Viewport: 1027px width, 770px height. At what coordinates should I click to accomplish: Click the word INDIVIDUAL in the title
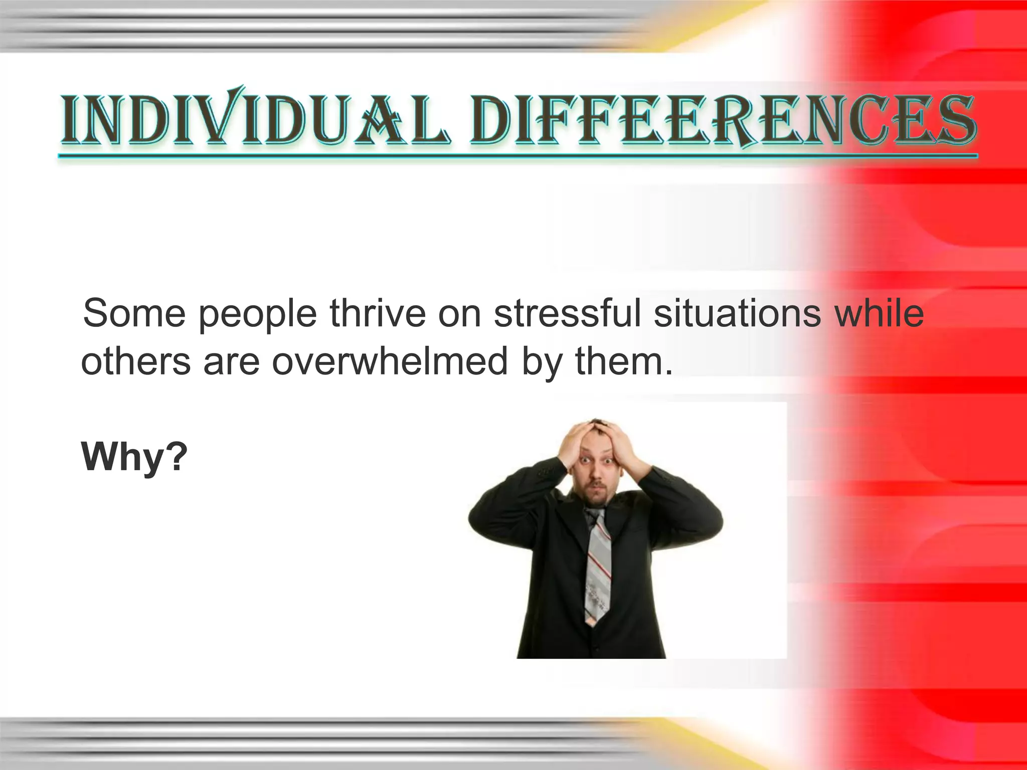pos(253,119)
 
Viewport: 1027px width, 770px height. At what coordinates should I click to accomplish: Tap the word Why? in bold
pos(134,457)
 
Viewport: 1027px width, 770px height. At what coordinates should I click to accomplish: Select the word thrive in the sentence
pos(377,313)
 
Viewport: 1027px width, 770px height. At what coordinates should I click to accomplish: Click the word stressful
pos(568,313)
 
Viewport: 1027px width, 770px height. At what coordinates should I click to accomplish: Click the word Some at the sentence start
pos(134,313)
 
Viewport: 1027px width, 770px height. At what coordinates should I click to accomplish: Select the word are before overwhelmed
pos(231,362)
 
